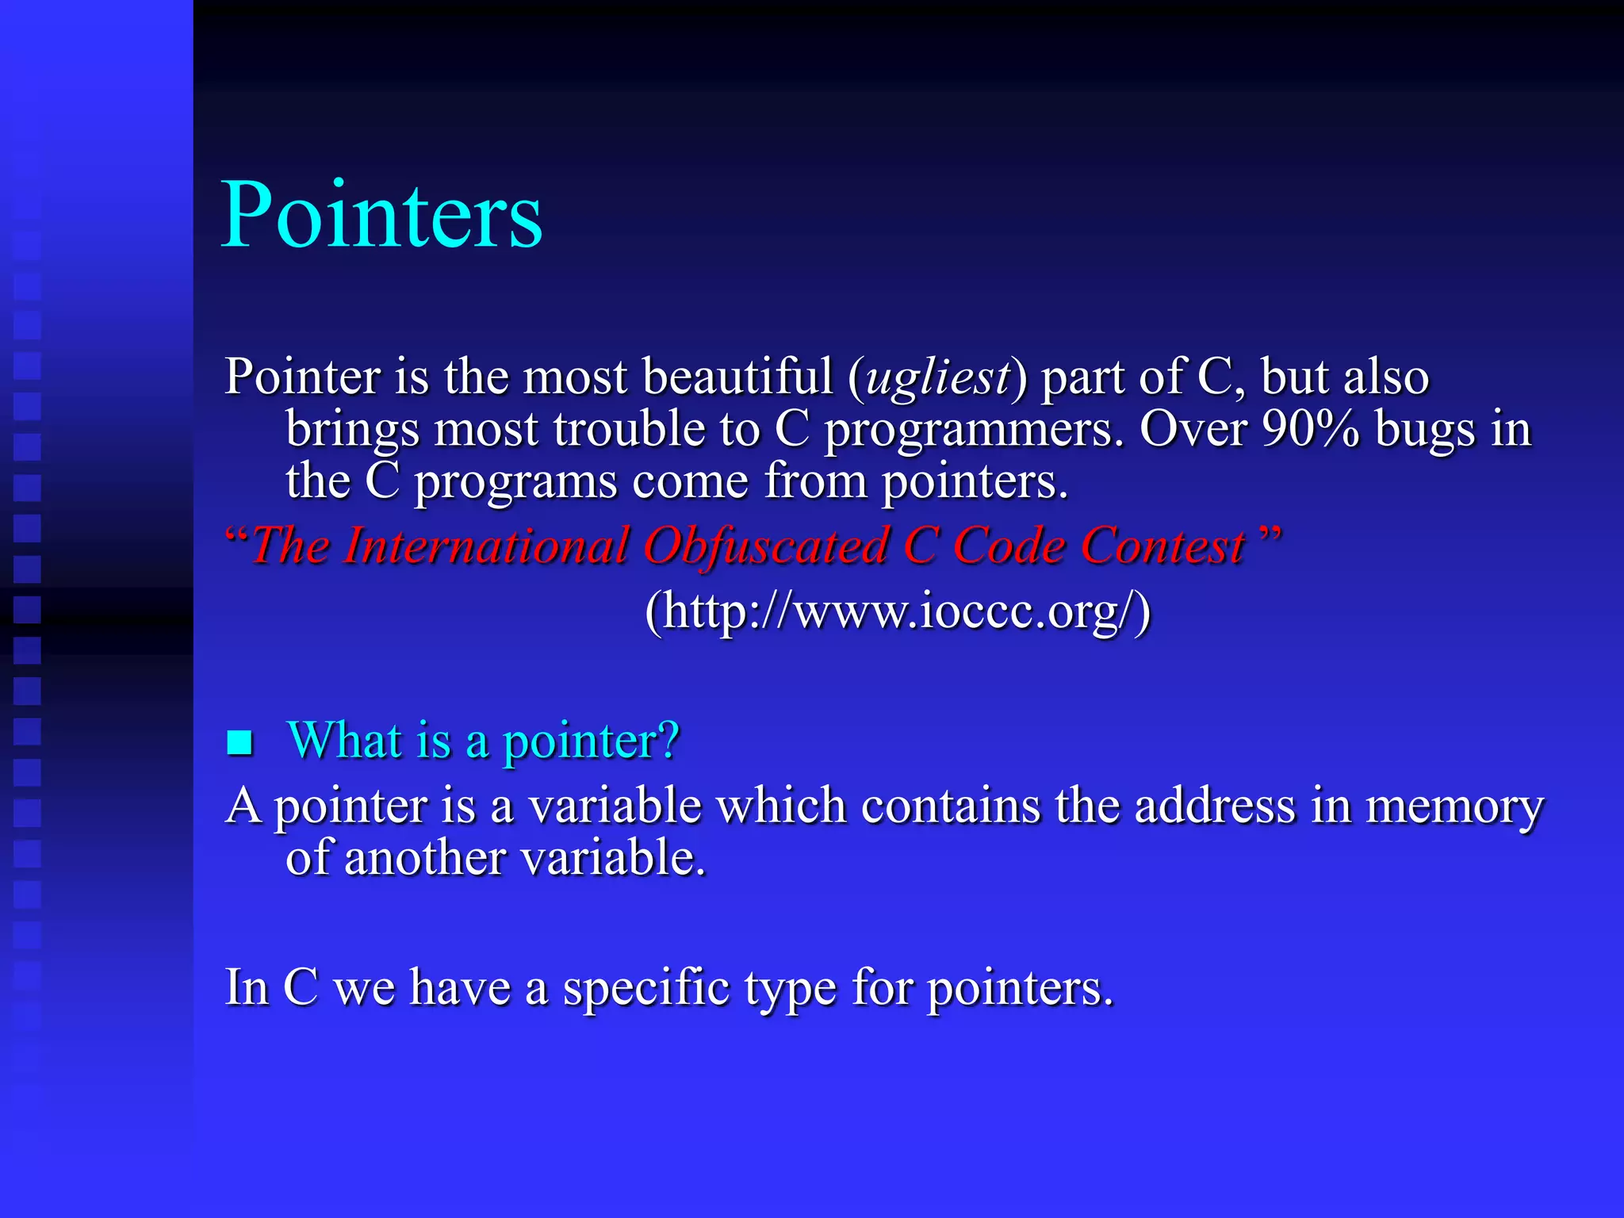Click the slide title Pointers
point(381,215)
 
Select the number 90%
point(1310,429)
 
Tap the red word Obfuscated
point(765,547)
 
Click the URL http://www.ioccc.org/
point(898,611)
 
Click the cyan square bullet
point(239,743)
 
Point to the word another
point(424,858)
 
